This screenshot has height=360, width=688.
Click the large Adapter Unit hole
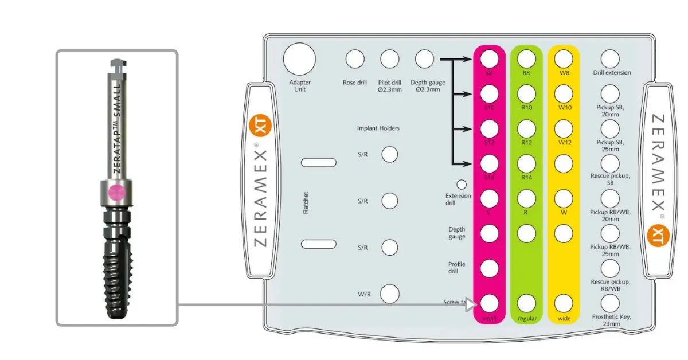point(299,58)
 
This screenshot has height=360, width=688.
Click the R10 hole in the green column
point(526,93)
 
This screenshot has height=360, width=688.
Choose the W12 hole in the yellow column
point(564,128)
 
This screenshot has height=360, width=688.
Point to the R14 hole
point(526,164)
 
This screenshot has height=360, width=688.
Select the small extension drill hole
point(461,185)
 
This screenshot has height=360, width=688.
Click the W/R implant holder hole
point(390,293)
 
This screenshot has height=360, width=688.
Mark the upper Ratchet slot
point(319,163)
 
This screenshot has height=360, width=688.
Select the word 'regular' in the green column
point(526,318)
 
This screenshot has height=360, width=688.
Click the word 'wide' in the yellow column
point(564,318)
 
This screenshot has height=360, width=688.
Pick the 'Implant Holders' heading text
point(378,128)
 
